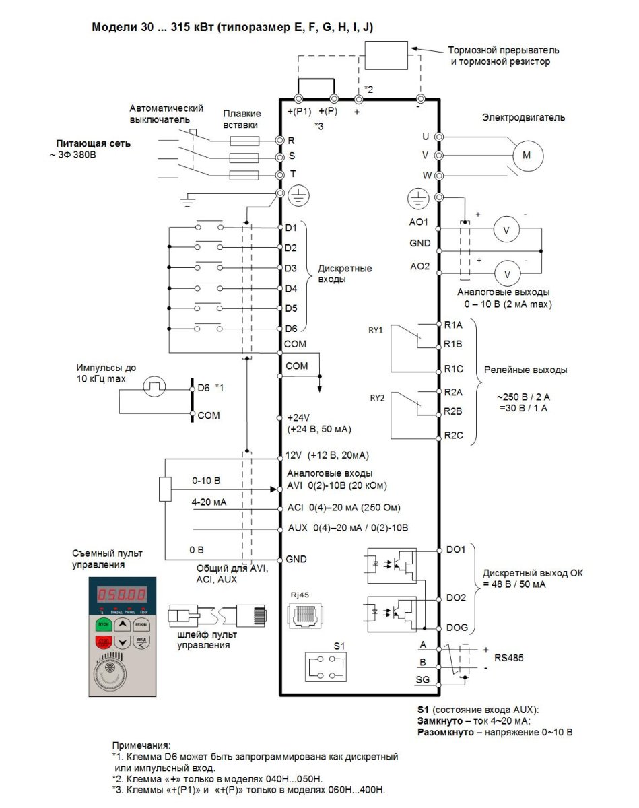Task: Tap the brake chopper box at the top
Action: (x=386, y=55)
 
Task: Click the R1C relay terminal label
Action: (x=454, y=369)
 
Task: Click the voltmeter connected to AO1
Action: (x=508, y=230)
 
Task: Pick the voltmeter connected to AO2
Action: (x=508, y=273)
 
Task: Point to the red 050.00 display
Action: (x=122, y=595)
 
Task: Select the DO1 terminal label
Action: (x=456, y=551)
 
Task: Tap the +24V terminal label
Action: (x=297, y=417)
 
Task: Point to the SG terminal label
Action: (x=422, y=679)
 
